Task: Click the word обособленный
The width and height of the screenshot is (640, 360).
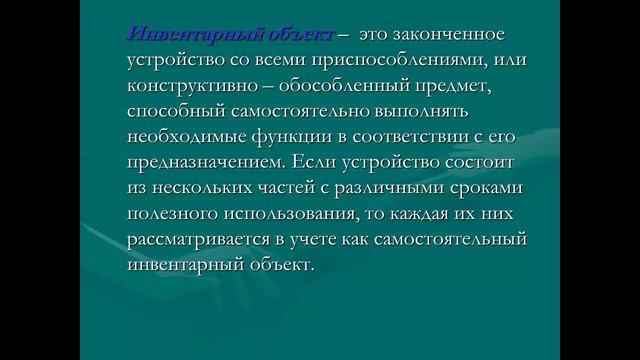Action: pos(341,87)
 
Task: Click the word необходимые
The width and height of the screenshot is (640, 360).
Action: pos(182,139)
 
